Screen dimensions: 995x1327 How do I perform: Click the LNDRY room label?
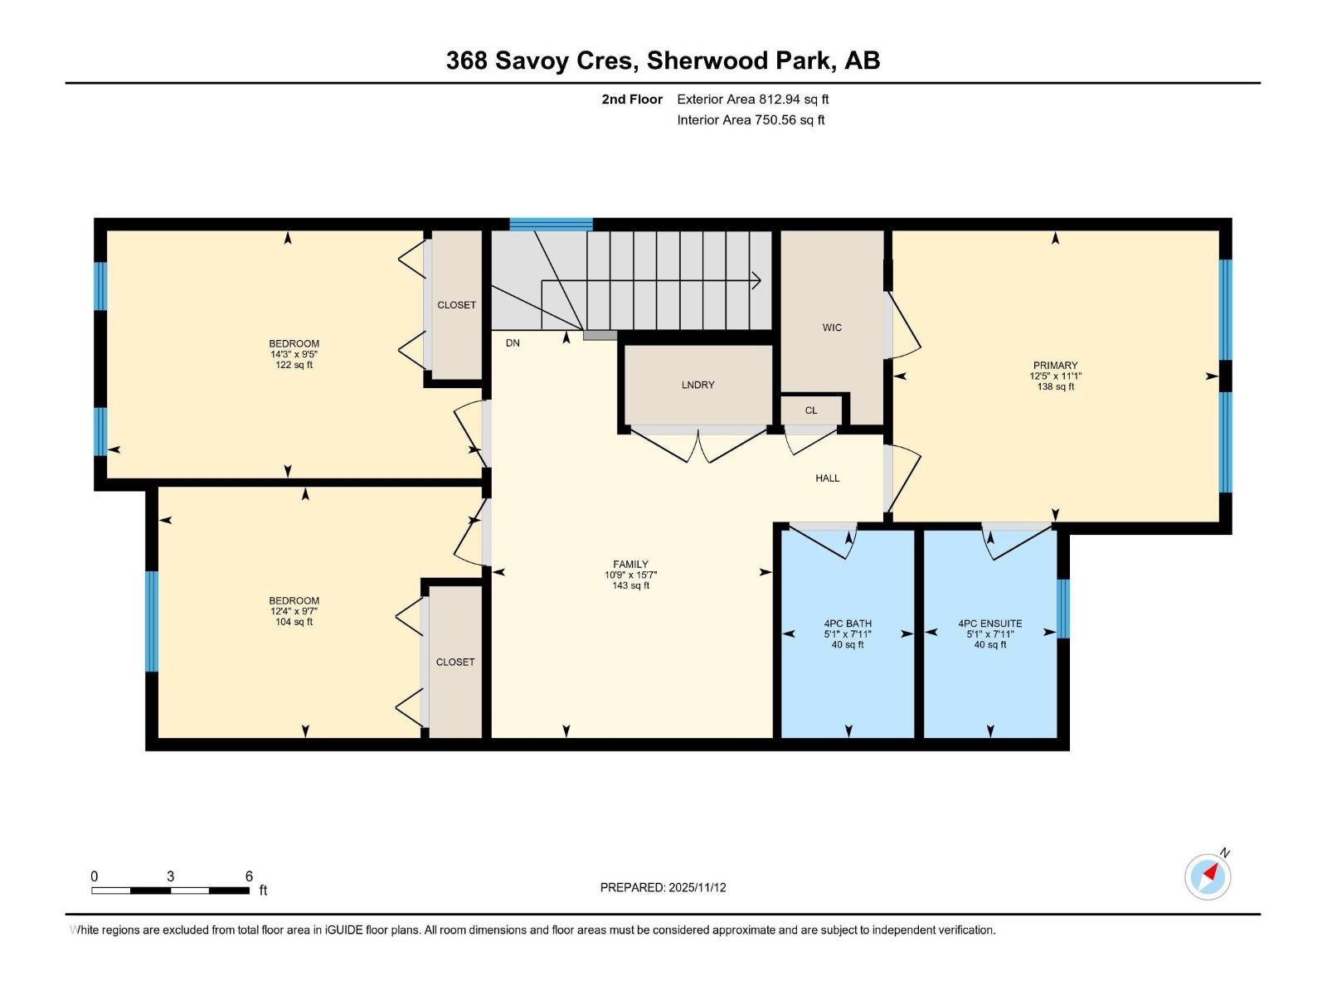coord(698,385)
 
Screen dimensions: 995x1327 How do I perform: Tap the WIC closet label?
coord(832,328)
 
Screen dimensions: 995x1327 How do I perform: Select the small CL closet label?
coord(811,410)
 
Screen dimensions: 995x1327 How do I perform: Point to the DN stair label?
coord(513,342)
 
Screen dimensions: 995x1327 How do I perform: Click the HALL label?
coord(827,478)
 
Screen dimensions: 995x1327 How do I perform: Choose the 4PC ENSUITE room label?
coord(989,624)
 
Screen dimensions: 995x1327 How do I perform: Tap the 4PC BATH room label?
coord(848,624)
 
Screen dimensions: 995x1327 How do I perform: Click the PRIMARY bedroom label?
coord(1055,365)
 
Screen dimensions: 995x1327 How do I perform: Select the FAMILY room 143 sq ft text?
coord(630,585)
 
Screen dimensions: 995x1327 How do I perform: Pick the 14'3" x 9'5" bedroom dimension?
coord(294,354)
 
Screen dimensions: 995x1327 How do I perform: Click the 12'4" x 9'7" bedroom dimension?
coord(294,611)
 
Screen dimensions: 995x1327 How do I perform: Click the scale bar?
coord(170,891)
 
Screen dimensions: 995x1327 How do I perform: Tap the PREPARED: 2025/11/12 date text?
coord(663,887)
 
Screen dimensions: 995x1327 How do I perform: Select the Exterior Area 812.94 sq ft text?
coord(752,99)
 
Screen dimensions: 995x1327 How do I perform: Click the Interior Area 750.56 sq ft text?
coord(751,120)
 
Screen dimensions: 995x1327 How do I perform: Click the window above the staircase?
coord(551,224)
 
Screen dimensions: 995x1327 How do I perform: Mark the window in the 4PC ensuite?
coord(1063,609)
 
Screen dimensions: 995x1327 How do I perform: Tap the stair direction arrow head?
coord(757,280)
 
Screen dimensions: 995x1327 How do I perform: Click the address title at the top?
coord(663,61)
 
